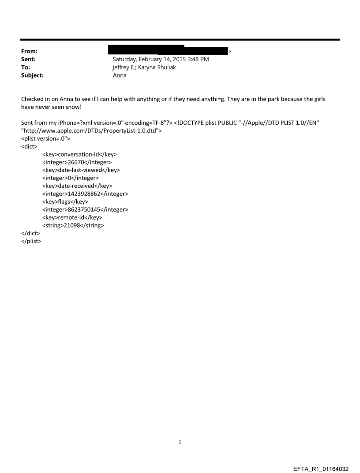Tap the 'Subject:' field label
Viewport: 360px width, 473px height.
click(x=31, y=75)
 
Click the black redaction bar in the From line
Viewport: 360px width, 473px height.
click(x=170, y=50)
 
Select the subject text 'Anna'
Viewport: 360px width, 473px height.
click(x=120, y=75)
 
